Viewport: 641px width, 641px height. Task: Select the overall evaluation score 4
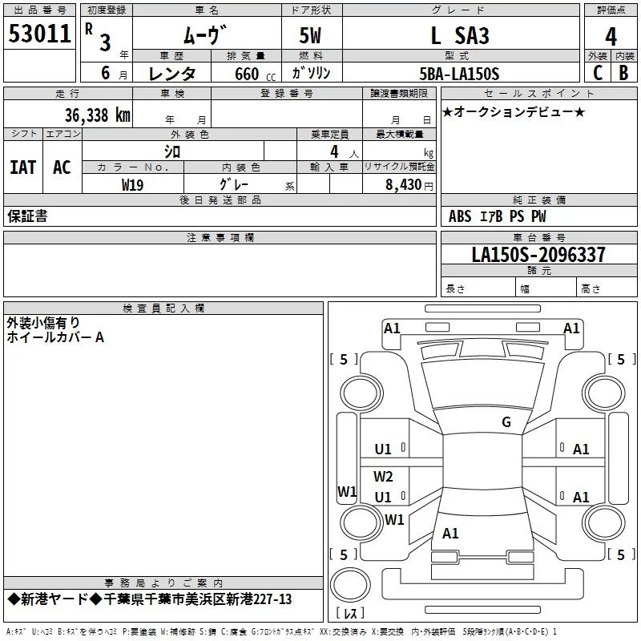[x=611, y=37]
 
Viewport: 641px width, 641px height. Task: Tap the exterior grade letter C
[x=597, y=73]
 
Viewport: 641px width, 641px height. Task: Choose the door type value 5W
[x=311, y=36]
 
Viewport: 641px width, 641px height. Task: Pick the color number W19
[x=133, y=184]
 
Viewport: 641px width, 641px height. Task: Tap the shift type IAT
[x=22, y=167]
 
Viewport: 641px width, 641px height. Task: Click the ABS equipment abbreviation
[x=460, y=216]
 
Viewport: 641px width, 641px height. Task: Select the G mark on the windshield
[x=506, y=422]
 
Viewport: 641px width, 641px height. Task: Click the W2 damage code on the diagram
[x=384, y=476]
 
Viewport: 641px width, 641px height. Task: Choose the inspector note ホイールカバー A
[x=55, y=337]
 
